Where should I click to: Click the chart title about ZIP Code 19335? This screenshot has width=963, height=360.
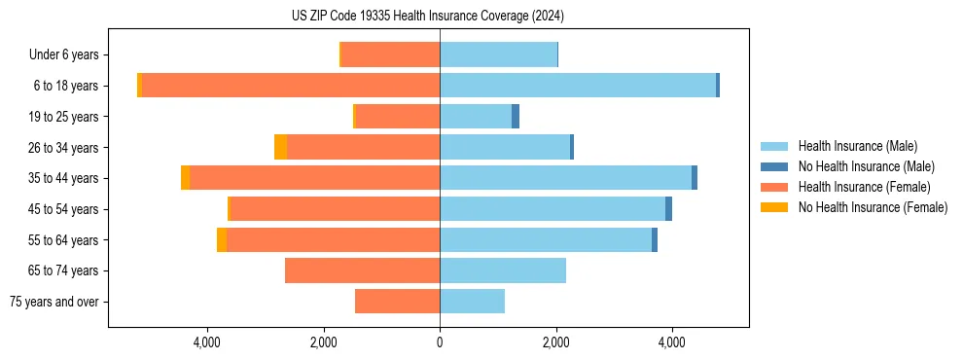428,16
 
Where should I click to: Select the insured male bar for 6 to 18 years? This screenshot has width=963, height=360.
578,86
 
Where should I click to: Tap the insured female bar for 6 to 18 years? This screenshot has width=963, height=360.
291,86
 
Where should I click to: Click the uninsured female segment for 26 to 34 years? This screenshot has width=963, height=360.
280,147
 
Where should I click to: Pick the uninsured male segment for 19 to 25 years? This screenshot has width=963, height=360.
516,117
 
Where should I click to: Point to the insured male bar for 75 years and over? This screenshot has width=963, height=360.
472,302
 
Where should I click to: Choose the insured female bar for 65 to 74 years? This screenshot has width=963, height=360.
362,270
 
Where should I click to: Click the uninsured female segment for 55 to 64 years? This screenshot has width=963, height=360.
222,239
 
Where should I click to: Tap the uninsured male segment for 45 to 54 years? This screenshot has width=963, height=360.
668,209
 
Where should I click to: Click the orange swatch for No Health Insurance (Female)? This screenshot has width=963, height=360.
774,207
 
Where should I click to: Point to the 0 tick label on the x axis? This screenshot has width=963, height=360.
440,342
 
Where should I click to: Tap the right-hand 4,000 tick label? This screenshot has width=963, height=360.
672,342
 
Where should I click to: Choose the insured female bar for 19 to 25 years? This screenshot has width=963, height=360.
398,117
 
